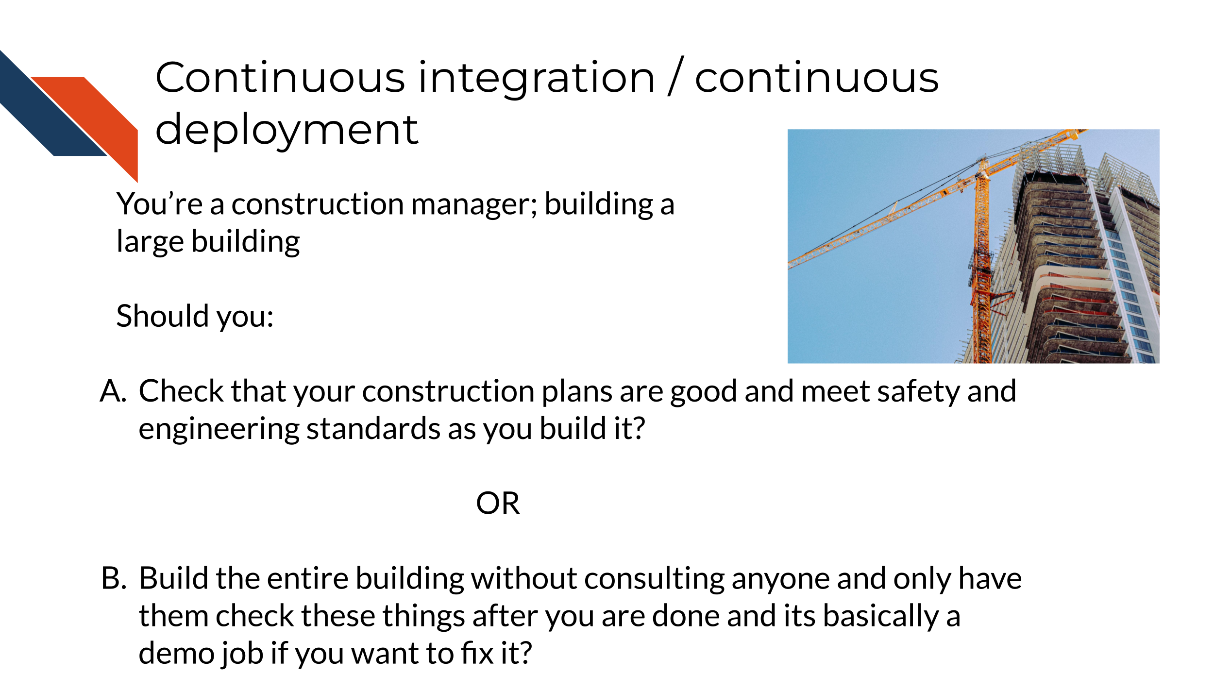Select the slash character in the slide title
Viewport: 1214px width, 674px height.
[x=675, y=76]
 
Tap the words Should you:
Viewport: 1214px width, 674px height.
[x=195, y=317]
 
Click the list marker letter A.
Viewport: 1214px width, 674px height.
[x=113, y=391]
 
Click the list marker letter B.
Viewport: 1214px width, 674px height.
[x=114, y=578]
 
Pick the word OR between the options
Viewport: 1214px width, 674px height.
[x=498, y=503]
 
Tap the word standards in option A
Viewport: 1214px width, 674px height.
[x=373, y=429]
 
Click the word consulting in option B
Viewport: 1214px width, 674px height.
[x=655, y=579]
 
